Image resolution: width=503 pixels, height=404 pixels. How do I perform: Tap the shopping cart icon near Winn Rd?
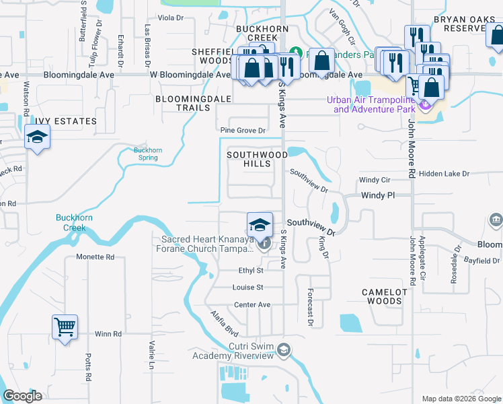65,328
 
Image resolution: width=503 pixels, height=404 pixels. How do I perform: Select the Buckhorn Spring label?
145,154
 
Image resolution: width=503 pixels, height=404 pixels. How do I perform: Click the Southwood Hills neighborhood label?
257,159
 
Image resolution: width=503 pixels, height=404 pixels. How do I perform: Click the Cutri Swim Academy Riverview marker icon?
284,349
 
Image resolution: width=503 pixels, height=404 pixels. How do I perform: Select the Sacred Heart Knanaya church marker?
266,243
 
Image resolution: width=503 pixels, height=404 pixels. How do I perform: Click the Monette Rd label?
95,257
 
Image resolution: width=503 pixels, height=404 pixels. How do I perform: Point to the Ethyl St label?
251,270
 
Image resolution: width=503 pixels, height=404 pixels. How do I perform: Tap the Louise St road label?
248,287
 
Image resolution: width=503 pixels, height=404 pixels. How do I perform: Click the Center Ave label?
252,305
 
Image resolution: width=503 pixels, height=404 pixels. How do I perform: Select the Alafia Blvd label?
224,324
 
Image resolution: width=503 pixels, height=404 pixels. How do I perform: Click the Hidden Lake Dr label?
443,174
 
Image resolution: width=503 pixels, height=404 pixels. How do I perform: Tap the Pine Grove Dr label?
243,130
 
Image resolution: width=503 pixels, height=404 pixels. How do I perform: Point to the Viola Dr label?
170,18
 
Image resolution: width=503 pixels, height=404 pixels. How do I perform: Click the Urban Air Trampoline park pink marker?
424,105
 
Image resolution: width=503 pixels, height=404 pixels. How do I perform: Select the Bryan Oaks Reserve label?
467,25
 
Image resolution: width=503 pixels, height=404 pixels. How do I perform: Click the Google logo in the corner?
22,396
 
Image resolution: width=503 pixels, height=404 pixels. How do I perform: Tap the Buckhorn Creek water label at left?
74,223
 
